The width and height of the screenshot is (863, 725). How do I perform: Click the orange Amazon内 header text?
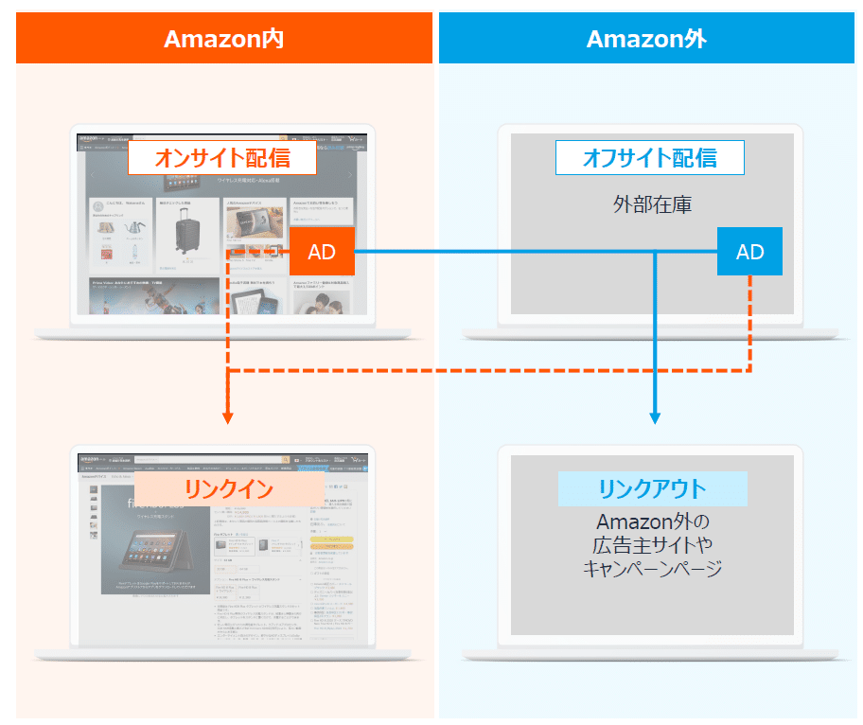[x=223, y=39]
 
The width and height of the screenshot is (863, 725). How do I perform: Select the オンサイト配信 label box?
[x=222, y=157]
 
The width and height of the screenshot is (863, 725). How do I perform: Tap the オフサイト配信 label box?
[x=649, y=157]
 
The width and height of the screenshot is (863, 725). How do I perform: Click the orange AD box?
[x=322, y=252]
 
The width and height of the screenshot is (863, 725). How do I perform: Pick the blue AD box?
[x=749, y=252]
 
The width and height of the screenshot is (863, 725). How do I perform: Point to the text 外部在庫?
[x=652, y=203]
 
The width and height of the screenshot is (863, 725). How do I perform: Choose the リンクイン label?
[x=228, y=488]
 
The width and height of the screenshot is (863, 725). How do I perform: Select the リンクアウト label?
[x=652, y=488]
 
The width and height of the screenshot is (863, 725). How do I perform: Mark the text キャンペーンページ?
[x=652, y=569]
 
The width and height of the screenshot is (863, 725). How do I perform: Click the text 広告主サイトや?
[x=652, y=545]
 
